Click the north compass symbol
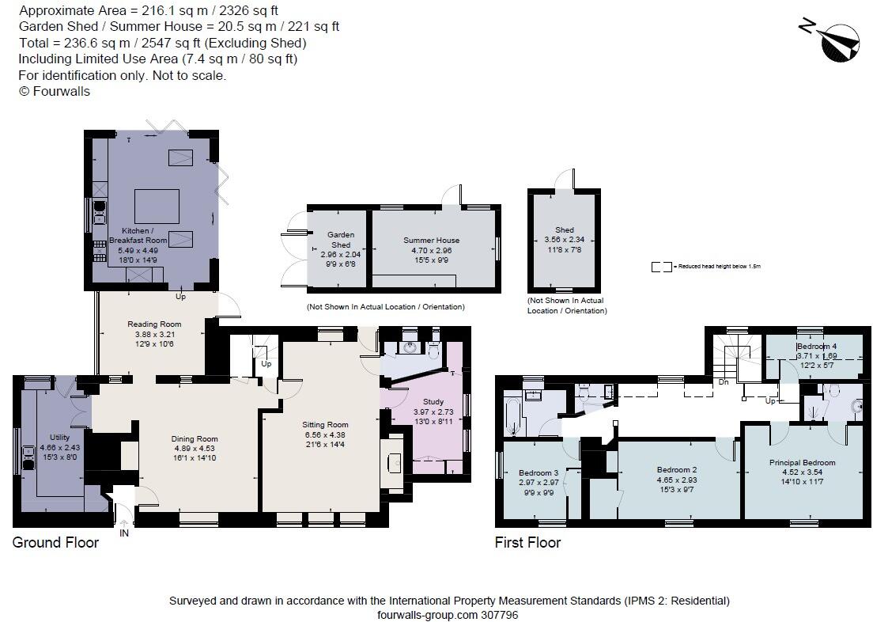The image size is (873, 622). (838, 41)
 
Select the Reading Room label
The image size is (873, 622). (154, 324)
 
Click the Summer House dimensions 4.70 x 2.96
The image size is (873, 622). (431, 250)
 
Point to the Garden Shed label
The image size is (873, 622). (341, 240)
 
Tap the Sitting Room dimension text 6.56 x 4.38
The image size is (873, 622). (326, 434)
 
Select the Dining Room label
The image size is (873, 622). (195, 438)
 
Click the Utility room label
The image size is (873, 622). (59, 437)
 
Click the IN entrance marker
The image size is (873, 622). (124, 533)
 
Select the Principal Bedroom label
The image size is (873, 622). (802, 463)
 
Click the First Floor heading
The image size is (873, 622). (527, 543)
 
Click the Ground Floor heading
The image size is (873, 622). (55, 543)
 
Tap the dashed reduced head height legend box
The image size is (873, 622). (661, 267)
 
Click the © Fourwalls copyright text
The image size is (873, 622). (55, 91)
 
